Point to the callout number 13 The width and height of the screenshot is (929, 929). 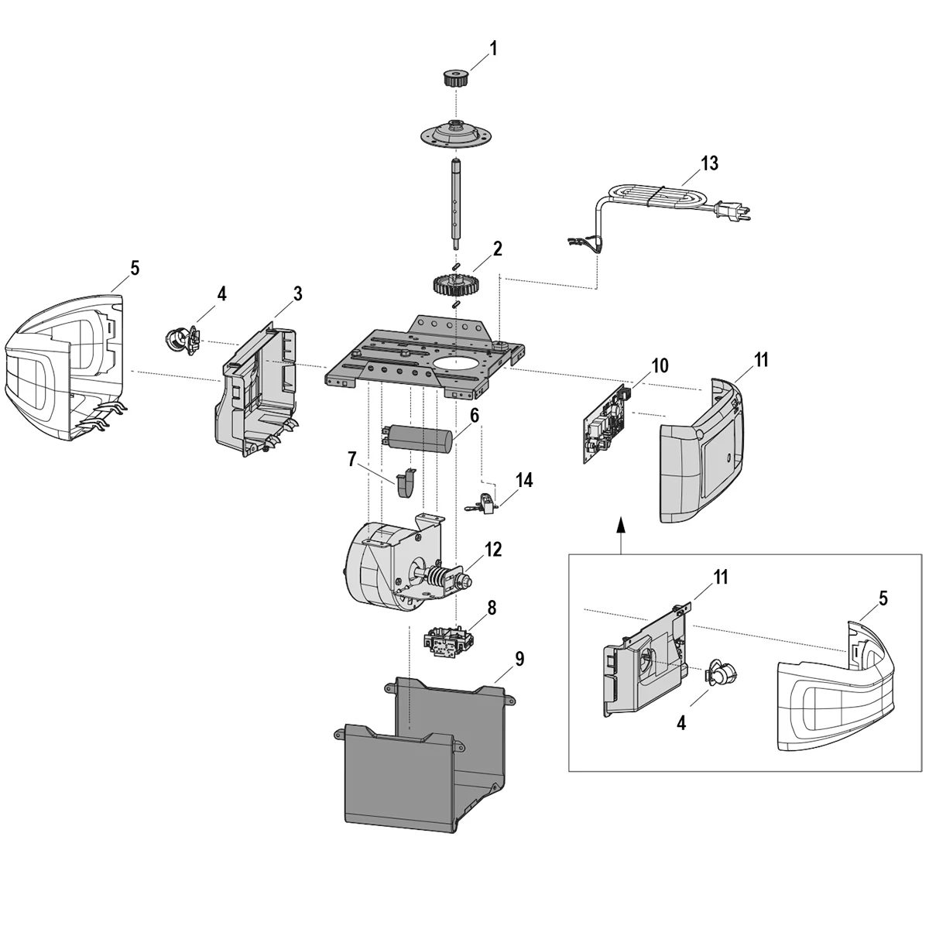click(709, 163)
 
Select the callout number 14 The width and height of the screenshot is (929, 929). click(524, 480)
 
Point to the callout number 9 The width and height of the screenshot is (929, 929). click(519, 659)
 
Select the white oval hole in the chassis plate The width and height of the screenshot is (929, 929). click(456, 362)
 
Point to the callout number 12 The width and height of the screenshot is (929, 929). click(493, 550)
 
